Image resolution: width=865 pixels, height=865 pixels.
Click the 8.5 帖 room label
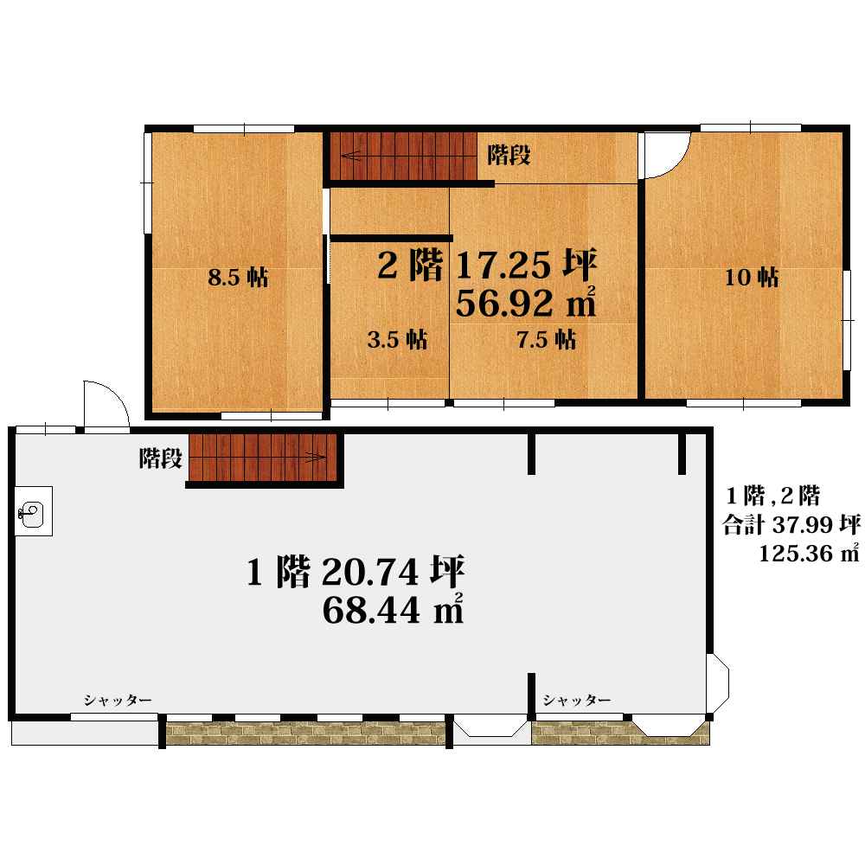(239, 277)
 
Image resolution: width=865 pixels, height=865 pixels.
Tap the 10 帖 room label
(752, 278)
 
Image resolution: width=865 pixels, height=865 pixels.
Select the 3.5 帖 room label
(397, 339)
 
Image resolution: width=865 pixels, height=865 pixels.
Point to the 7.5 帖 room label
(546, 339)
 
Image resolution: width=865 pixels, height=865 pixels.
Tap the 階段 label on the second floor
(509, 155)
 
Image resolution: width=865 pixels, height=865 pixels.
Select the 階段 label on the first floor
(160, 458)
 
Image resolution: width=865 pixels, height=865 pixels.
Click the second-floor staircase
(404, 156)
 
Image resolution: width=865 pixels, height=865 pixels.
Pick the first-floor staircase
(263, 458)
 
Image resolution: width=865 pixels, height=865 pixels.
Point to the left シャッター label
(118, 700)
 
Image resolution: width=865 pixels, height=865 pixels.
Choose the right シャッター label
(576, 700)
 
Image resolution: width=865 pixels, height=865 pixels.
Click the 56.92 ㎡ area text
(526, 302)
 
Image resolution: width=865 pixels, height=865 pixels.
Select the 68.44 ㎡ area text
(393, 609)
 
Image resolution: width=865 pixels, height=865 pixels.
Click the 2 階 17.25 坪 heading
(487, 265)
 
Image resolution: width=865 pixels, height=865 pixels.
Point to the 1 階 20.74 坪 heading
(356, 572)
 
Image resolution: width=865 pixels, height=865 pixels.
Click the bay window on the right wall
(718, 684)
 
